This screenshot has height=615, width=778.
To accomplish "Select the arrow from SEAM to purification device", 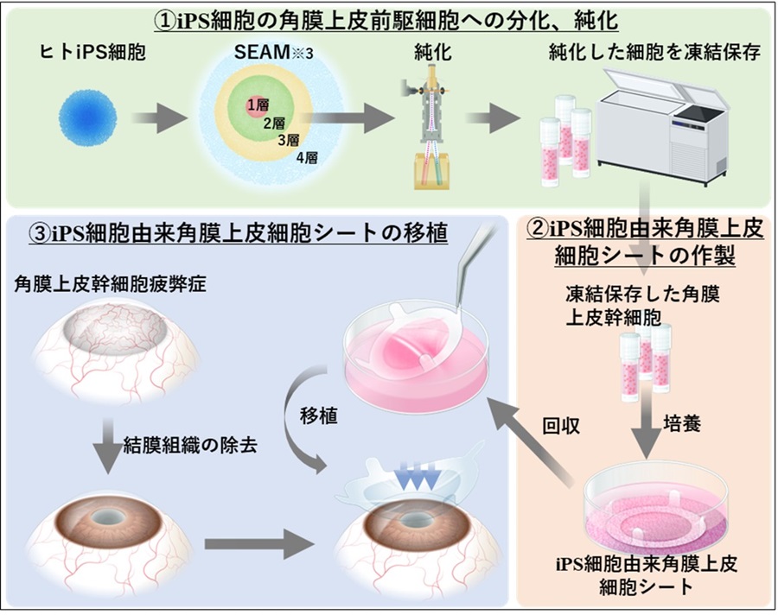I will click(x=350, y=119).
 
